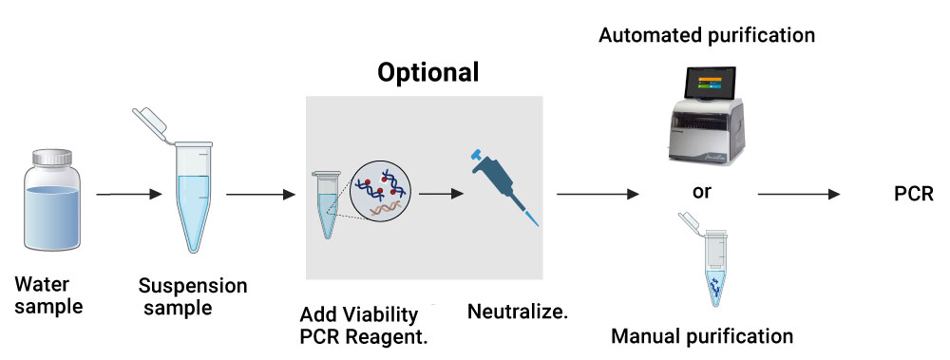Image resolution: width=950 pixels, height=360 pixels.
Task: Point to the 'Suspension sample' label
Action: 192,296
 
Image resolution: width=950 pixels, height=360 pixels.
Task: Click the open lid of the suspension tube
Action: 152,124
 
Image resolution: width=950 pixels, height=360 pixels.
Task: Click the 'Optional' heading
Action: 427,72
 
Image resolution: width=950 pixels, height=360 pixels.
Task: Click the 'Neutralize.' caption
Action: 518,312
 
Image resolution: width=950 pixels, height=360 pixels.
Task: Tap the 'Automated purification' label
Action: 706,36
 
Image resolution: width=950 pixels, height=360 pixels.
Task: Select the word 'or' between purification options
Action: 702,192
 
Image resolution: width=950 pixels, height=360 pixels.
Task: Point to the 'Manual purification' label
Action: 702,336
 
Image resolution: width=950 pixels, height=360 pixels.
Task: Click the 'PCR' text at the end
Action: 915,194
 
